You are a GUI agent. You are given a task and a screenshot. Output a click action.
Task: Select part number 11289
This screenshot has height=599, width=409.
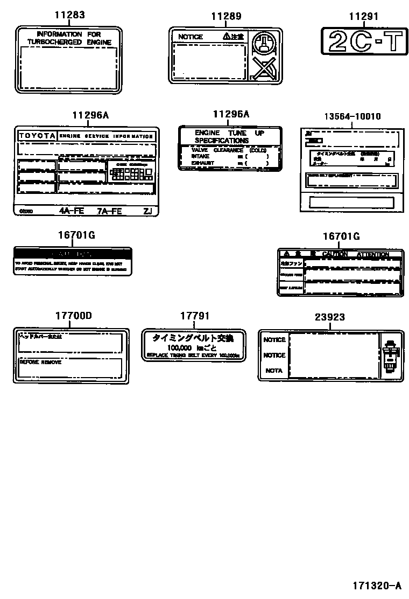point(225,17)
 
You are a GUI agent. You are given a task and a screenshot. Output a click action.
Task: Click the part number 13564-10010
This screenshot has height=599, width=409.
point(352,116)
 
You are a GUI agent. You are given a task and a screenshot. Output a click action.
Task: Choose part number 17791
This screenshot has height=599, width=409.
point(194,316)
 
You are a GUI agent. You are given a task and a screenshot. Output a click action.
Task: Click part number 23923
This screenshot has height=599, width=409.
point(330,318)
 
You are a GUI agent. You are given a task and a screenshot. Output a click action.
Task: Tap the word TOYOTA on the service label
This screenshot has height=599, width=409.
point(37,136)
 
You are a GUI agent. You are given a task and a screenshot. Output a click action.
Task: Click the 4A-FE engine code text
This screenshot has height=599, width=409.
point(72,211)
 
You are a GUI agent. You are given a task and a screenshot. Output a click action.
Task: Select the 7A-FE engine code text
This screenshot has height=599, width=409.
point(109,211)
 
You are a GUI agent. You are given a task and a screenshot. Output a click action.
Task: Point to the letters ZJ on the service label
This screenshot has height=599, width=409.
point(147,211)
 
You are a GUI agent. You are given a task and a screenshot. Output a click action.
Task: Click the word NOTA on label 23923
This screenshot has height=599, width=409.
point(274,371)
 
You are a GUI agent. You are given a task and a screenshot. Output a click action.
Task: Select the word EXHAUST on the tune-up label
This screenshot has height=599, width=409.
point(202,163)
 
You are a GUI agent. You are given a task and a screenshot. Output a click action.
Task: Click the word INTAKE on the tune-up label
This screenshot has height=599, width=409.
point(200,156)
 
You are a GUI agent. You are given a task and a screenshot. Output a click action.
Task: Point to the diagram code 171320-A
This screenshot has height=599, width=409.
point(377,585)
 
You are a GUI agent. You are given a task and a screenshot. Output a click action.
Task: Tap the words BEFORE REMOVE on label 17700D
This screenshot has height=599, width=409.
point(40,363)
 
